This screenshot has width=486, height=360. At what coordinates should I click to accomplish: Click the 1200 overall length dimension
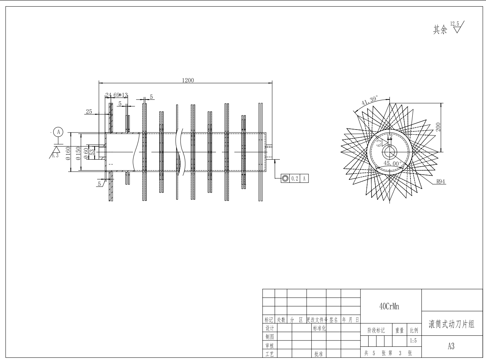(x=188, y=80)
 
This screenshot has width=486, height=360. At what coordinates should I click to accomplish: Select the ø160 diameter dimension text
(x=68, y=153)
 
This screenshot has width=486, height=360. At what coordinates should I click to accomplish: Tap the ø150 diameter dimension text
(x=78, y=153)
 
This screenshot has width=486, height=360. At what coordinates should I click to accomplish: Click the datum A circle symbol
(x=58, y=132)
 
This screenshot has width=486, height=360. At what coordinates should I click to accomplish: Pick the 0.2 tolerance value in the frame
(x=295, y=179)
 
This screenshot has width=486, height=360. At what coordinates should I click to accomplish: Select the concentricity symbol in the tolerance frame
(x=285, y=179)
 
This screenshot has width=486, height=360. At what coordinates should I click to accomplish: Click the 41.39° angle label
(x=370, y=100)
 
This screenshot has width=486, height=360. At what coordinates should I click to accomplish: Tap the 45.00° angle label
(x=393, y=163)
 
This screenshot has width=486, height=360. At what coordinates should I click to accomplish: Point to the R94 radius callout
(x=441, y=181)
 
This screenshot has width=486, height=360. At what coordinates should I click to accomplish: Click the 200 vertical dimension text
(x=438, y=127)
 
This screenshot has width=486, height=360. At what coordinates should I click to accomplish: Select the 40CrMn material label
(x=389, y=306)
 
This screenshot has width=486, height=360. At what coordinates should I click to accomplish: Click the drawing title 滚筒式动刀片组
(x=452, y=324)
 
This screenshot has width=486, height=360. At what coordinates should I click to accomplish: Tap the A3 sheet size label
(x=451, y=346)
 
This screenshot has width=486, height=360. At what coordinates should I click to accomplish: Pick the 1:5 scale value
(x=413, y=341)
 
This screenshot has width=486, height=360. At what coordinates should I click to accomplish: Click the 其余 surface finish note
(x=440, y=30)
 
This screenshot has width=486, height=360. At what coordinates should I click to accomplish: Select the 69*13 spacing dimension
(x=120, y=95)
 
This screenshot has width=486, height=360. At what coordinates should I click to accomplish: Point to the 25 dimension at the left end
(x=89, y=112)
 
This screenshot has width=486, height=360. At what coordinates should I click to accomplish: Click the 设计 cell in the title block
(x=269, y=328)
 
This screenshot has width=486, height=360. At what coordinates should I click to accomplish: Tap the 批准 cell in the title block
(x=318, y=354)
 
